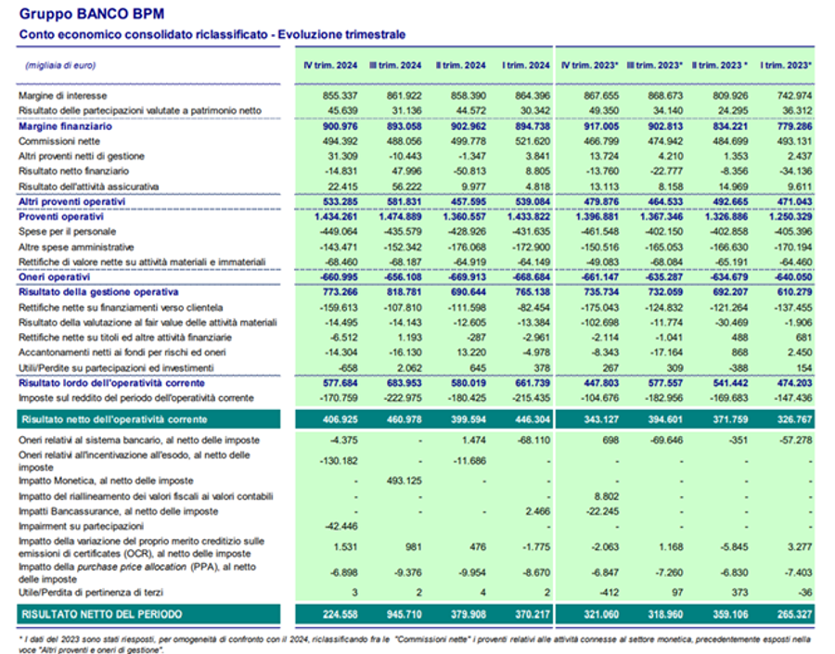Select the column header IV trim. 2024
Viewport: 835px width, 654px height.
pos(331,65)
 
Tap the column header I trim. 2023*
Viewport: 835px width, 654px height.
pos(786,65)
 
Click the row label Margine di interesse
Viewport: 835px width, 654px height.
pos(63,96)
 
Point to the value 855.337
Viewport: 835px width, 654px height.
pos(339,96)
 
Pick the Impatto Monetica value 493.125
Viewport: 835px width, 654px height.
pos(403,481)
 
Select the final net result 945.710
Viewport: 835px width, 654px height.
pos(403,614)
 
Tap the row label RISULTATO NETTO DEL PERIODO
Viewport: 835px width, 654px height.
pos(101,614)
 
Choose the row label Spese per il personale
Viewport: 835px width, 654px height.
pos(67,231)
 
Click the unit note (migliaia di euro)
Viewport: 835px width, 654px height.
pos(59,65)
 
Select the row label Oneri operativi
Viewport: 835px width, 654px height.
pos(54,276)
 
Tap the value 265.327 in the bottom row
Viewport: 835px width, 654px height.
pos(790,614)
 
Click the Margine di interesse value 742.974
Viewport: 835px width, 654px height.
pos(790,96)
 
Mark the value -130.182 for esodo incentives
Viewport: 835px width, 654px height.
pos(337,460)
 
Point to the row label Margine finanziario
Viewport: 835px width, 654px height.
pos(65,126)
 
